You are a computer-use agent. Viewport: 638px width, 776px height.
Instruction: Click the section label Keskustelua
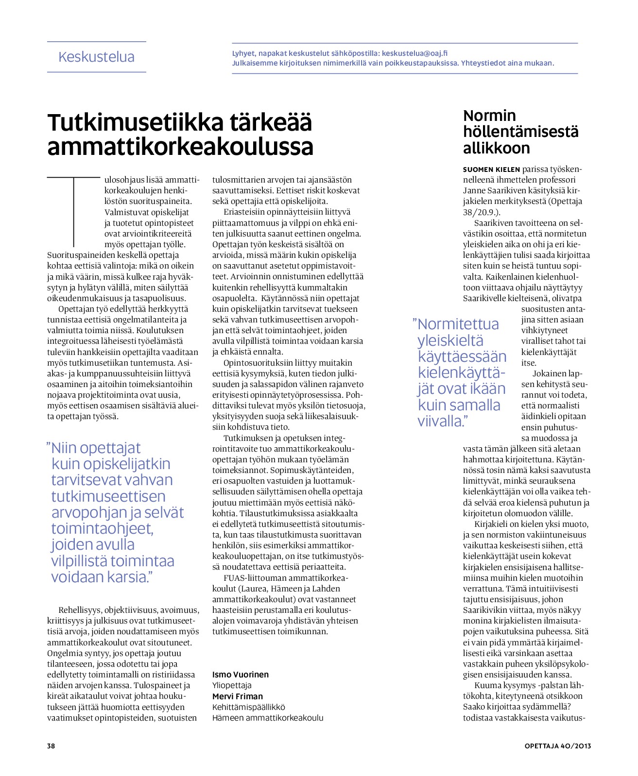(96, 57)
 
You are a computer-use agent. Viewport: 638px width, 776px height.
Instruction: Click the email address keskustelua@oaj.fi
(414, 53)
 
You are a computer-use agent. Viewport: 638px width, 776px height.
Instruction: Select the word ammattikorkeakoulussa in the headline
(180, 147)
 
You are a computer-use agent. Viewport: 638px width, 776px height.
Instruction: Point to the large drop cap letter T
(73, 211)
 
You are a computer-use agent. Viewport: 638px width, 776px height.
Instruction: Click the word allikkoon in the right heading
(496, 148)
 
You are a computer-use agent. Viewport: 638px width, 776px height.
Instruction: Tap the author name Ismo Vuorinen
(240, 675)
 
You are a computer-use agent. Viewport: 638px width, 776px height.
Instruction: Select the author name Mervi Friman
(237, 696)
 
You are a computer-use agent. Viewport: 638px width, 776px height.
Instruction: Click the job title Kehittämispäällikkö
(248, 707)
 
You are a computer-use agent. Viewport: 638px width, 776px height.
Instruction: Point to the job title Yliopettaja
(232, 685)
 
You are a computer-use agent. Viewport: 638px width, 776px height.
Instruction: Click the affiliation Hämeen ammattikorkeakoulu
(267, 718)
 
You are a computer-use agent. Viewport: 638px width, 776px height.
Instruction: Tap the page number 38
(51, 746)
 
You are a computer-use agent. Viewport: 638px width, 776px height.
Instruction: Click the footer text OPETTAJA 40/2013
(557, 746)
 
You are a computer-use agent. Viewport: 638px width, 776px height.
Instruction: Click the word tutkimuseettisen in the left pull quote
(108, 496)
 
